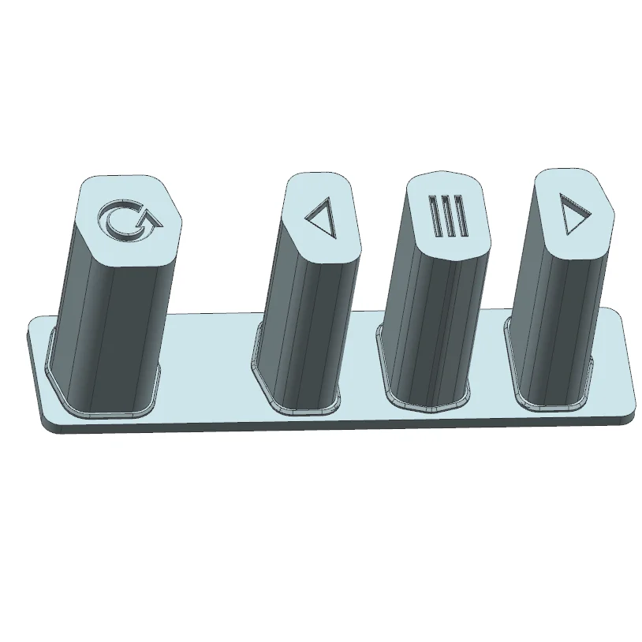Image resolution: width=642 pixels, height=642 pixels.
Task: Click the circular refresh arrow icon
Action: [126, 220]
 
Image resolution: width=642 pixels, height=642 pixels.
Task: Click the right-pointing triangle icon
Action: [573, 214]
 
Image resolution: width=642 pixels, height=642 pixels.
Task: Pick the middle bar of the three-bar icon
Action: [447, 218]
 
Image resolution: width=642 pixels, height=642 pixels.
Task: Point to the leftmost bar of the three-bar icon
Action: [435, 216]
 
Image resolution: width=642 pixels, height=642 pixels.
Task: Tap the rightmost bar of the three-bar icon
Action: [459, 219]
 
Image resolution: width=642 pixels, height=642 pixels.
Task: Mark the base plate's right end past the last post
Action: [615, 371]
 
